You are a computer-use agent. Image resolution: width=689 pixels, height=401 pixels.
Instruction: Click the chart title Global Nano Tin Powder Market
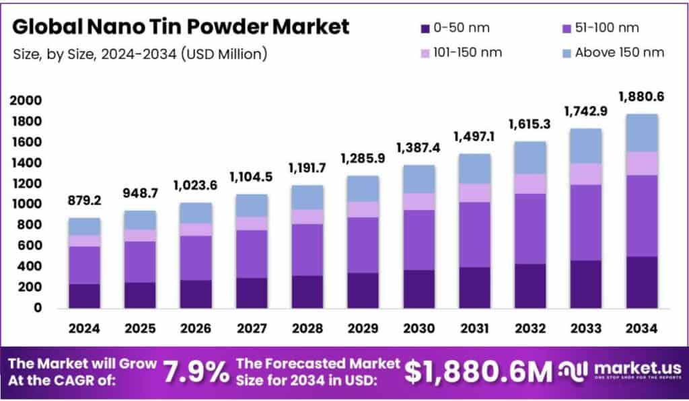click(181, 27)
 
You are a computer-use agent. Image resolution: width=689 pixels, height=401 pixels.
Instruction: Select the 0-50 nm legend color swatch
click(425, 28)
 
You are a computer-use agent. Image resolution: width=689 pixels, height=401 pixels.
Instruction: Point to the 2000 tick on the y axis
click(26, 101)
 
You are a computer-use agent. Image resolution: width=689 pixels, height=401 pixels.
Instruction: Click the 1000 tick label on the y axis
click(26, 205)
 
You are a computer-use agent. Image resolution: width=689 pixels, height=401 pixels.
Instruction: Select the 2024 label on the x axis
click(84, 328)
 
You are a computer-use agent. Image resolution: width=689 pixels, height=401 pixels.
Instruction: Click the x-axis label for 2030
click(419, 328)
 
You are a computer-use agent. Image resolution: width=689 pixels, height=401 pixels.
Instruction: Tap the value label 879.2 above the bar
click(84, 201)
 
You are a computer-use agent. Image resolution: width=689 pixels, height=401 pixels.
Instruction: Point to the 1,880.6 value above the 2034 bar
click(641, 97)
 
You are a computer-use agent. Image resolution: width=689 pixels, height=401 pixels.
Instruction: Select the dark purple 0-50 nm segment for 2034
click(641, 282)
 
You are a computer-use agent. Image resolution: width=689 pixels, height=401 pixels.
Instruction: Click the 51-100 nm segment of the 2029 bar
click(363, 245)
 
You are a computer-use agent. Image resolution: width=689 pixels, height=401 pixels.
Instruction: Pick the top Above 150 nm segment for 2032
click(530, 157)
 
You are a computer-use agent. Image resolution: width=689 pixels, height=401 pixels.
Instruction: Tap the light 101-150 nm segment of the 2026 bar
click(196, 229)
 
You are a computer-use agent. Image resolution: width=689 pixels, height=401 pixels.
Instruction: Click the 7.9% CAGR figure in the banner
click(196, 371)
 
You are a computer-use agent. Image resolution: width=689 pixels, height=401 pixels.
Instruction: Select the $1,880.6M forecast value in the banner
click(478, 371)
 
